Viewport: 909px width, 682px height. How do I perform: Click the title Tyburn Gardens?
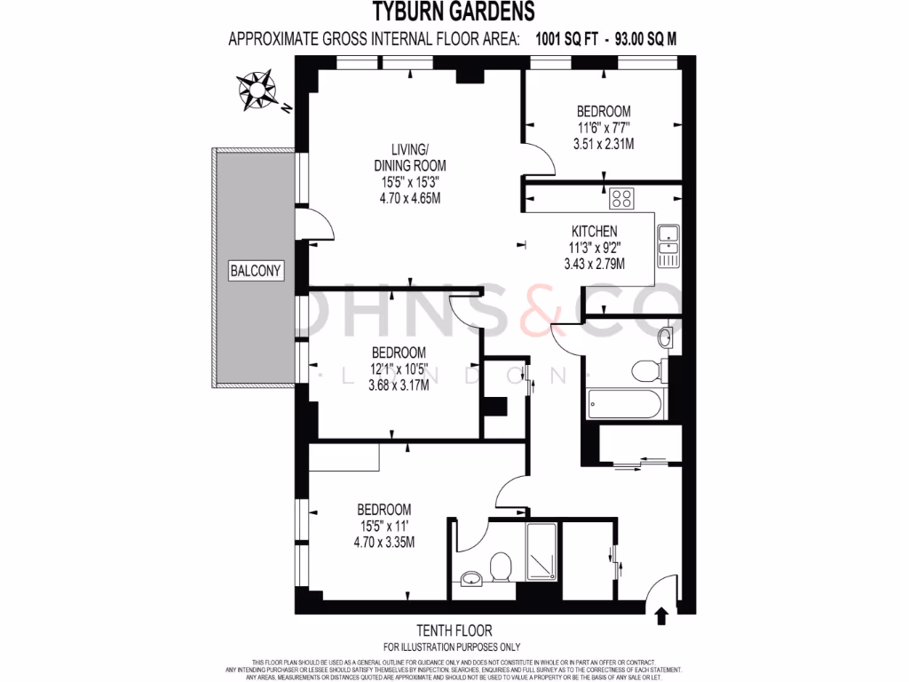click(x=453, y=12)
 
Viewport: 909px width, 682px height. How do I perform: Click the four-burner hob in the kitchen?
click(x=620, y=198)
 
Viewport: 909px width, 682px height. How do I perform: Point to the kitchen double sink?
click(x=668, y=247)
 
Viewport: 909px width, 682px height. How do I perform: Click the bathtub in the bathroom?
click(x=625, y=406)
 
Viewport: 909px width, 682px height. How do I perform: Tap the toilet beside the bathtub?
click(x=644, y=369)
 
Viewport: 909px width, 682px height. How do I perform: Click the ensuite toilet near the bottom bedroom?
click(x=501, y=567)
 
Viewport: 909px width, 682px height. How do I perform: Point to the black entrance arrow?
click(x=660, y=615)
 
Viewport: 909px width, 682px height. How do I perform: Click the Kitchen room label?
click(x=594, y=232)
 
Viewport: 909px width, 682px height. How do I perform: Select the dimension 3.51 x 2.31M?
click(x=604, y=144)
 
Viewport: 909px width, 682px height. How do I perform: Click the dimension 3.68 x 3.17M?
click(x=399, y=385)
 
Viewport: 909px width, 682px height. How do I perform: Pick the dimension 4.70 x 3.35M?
click(x=384, y=542)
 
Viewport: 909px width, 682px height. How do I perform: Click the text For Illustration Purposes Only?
click(x=452, y=646)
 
